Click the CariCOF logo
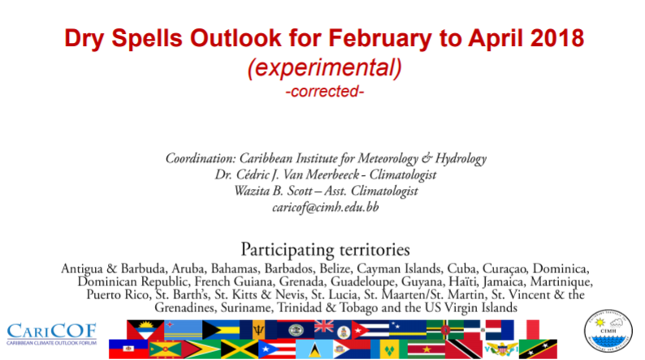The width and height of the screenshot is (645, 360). [51, 333]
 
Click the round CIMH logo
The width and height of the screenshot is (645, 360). [608, 331]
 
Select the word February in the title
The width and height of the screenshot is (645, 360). [380, 39]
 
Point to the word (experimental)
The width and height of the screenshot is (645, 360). [325, 67]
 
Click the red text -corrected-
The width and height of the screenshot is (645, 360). [325, 92]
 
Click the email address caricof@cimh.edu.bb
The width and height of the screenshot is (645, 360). [325, 207]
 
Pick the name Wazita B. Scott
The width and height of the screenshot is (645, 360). [273, 191]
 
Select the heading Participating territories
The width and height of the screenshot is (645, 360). [325, 250]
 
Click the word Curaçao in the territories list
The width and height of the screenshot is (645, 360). [505, 268]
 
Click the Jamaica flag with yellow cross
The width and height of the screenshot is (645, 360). [239, 349]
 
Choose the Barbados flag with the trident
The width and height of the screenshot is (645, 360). [258, 329]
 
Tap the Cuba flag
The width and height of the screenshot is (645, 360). [370, 329]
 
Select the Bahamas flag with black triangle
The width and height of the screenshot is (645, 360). [221, 329]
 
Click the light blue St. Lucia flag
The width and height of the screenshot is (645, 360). [314, 349]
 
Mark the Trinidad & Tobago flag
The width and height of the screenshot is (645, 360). [463, 349]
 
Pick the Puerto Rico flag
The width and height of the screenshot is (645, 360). [277, 349]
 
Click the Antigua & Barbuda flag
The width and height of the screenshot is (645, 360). [145, 329]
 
